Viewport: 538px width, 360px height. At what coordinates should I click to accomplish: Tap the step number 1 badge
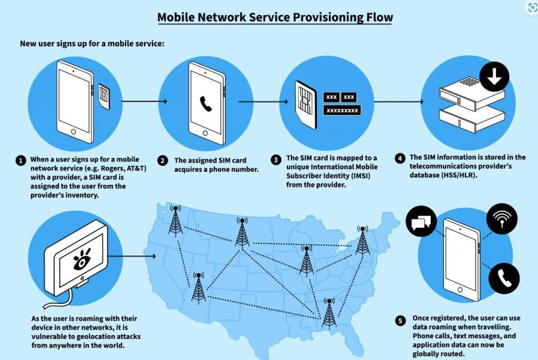[20, 160]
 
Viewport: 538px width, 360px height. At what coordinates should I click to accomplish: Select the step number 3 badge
[276, 160]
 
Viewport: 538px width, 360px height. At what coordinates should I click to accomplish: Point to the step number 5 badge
[400, 321]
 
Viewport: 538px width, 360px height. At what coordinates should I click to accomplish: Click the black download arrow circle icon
[494, 77]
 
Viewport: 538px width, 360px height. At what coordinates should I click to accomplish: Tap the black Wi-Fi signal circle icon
[502, 219]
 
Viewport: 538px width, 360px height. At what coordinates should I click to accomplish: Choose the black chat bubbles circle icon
[421, 221]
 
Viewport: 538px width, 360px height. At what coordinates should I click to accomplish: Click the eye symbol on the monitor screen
[82, 259]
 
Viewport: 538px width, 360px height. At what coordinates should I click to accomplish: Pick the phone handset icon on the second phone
[205, 104]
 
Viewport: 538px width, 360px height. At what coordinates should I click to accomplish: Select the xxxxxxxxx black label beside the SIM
[342, 110]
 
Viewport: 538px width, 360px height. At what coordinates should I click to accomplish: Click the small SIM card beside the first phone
[104, 96]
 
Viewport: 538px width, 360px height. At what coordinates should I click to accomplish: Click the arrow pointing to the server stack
[399, 101]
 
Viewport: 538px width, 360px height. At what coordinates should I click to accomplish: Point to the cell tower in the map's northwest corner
[175, 221]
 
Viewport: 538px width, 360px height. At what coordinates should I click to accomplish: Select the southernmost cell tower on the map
[329, 313]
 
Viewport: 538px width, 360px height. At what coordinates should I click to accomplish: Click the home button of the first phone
[73, 132]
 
